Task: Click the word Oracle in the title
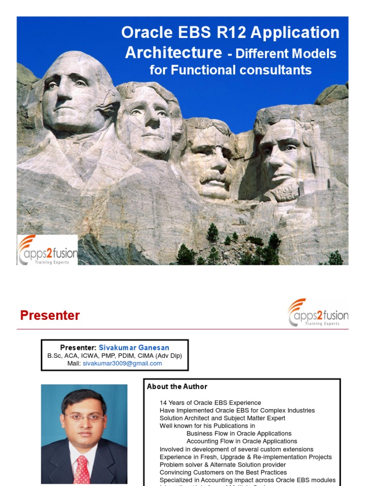click(142, 33)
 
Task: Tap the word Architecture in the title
click(173, 52)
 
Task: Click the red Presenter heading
click(50, 316)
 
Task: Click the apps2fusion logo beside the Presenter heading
click(318, 313)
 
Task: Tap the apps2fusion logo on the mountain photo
click(48, 249)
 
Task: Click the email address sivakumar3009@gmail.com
click(122, 364)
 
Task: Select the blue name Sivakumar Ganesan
click(134, 348)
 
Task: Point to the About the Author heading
click(177, 386)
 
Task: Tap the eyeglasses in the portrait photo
click(84, 417)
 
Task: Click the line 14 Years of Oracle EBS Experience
click(210, 403)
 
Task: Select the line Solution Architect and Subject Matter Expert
click(222, 418)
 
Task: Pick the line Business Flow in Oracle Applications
click(239, 433)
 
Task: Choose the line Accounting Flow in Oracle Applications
click(242, 441)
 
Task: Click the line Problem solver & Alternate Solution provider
click(222, 465)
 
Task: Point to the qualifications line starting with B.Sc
click(114, 356)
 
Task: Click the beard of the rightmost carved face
click(284, 190)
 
